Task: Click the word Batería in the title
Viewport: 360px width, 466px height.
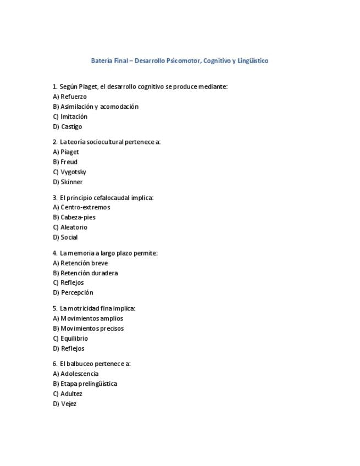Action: (102, 61)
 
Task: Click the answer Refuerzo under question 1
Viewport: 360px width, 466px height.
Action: (73, 97)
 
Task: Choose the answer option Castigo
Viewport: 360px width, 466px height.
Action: (71, 127)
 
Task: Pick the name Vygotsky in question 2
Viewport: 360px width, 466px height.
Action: (73, 172)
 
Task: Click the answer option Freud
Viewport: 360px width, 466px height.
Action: (69, 162)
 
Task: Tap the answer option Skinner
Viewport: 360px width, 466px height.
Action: (71, 182)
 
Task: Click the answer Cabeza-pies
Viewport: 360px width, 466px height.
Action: (77, 217)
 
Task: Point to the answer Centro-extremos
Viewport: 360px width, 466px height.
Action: (85, 207)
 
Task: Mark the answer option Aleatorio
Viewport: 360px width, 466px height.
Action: (74, 227)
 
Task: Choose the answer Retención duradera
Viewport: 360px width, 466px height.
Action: (88, 273)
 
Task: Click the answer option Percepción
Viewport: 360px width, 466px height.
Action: (77, 293)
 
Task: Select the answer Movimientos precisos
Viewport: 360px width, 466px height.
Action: (92, 329)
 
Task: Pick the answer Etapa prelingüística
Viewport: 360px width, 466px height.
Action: (88, 384)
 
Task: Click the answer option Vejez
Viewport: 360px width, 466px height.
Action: (69, 404)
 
